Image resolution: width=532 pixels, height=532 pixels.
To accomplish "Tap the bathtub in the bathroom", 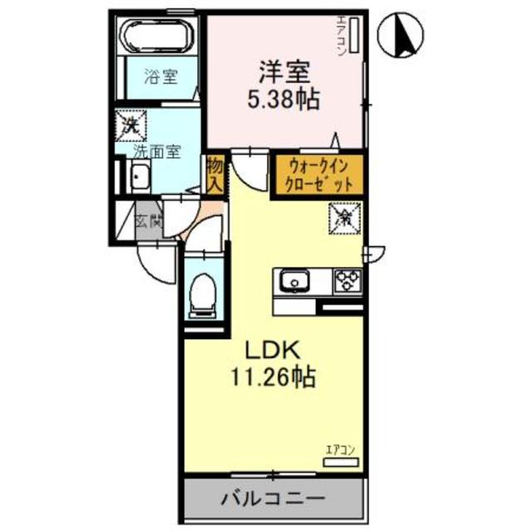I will point(158,37).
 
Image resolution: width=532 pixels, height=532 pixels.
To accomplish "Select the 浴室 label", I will point(160,78).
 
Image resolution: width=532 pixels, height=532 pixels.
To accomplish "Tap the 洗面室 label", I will point(156,153).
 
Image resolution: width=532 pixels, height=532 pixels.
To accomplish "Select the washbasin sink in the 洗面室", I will point(139,177).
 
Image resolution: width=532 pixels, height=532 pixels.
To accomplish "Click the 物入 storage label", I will point(214,173).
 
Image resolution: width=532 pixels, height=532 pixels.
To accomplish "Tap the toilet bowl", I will point(203,294).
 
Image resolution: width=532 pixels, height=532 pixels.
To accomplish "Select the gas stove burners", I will point(347,282).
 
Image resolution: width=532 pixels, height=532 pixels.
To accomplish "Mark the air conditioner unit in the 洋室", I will point(352,37).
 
